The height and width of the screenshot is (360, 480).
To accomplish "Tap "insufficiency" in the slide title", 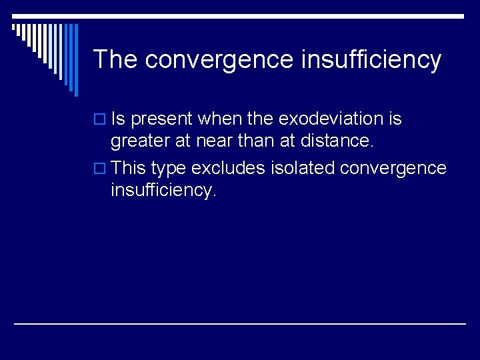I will tap(371, 59).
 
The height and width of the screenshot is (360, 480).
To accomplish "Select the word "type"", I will tap(171, 168).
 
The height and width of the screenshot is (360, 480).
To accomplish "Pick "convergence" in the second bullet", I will tap(393, 168).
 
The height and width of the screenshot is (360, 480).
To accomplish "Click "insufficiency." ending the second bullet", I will tap(163, 191).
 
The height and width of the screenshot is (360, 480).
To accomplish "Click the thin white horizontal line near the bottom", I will tap(240, 323).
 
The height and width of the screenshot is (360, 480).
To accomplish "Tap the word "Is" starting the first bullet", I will tap(119, 119).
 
